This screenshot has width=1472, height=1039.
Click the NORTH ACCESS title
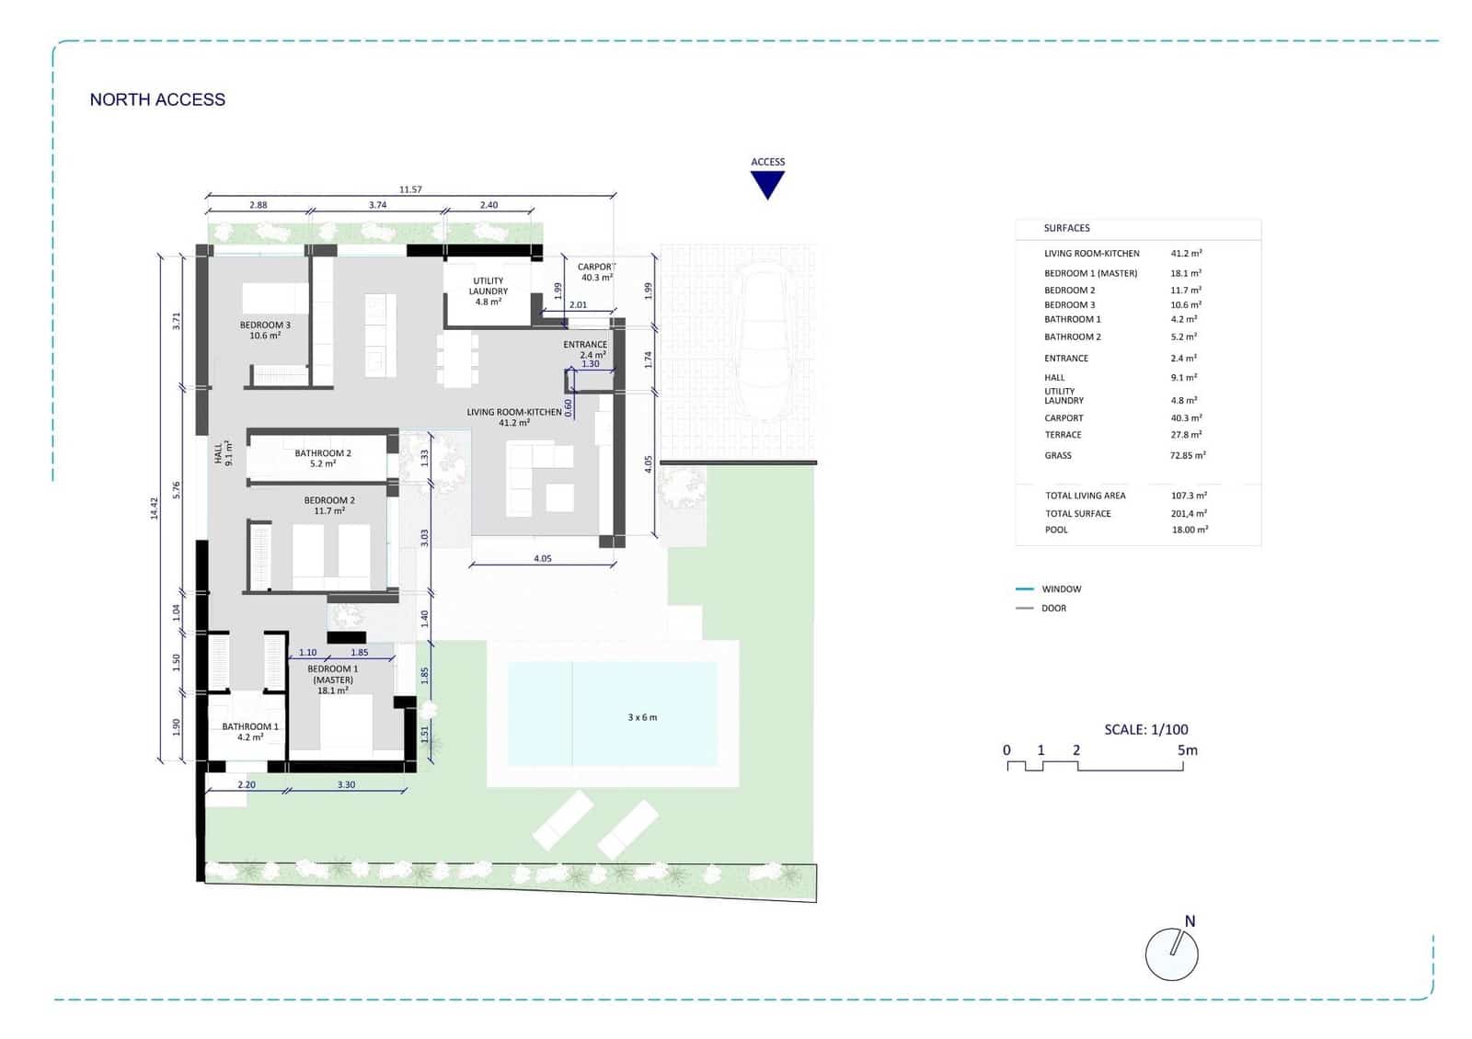pos(157,99)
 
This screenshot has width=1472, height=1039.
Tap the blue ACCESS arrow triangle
pos(767,185)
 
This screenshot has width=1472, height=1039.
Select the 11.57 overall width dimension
pos(410,189)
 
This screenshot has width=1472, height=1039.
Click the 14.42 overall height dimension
pos(155,508)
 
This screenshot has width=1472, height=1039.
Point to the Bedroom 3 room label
pos(265,330)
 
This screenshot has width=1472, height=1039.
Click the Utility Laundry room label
pos(489,291)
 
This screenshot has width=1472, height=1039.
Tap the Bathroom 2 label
pos(323,458)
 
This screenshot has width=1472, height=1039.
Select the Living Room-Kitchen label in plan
pos(513,417)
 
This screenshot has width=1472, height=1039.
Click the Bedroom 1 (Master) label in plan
pos(333,679)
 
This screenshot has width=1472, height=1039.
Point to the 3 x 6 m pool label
pos(642,717)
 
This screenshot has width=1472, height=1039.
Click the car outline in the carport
pos(764,340)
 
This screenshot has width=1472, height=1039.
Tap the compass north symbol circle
pos(1171,953)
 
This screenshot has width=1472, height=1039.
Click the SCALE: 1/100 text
pos(1145,729)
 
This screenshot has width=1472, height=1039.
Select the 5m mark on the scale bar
pos(1187,750)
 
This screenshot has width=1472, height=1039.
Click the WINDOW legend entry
pos(1061,588)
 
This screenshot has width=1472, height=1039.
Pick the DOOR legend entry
pos(1053,608)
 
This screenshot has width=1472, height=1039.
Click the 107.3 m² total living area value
pos(1189,496)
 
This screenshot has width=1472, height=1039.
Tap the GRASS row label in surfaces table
pos(1058,455)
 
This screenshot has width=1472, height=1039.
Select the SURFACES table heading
pos(1066,228)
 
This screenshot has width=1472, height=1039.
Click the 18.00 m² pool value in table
pos(1189,530)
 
